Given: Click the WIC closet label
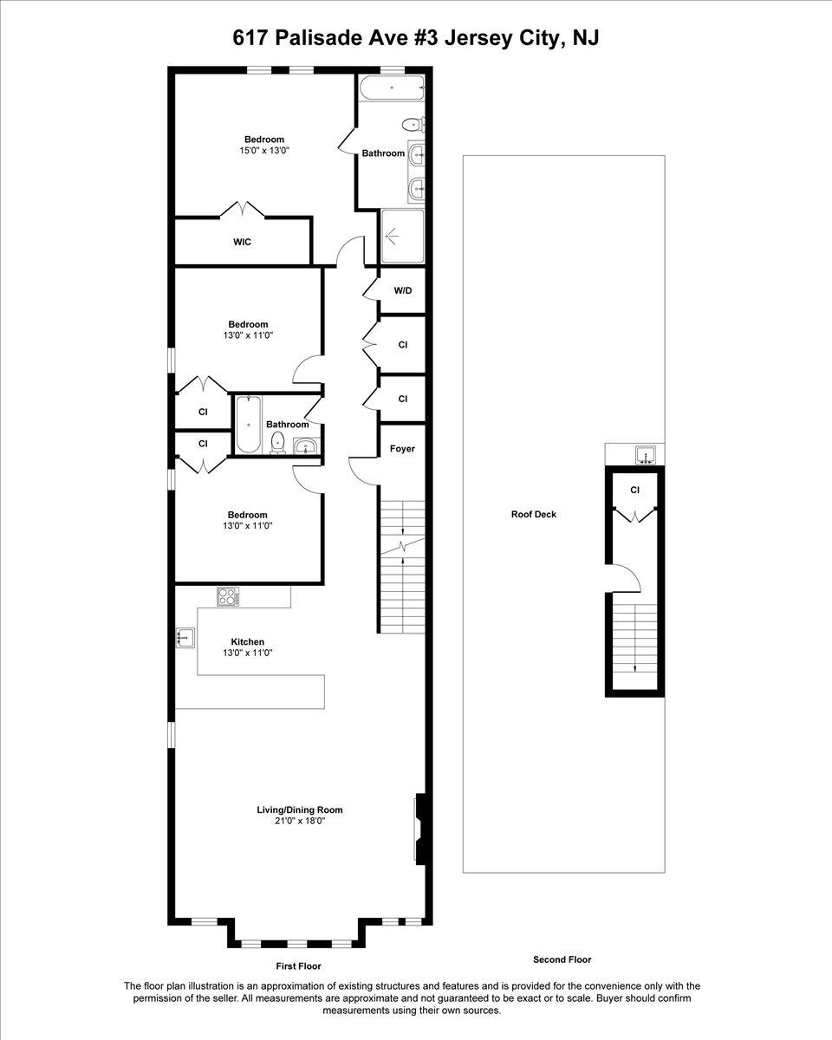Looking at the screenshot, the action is point(242,242).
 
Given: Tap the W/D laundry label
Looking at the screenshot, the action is point(403,290).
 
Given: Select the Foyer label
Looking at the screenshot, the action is point(402,448).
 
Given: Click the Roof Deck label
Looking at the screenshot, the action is point(534,514).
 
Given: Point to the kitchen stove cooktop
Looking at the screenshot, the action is point(228,596).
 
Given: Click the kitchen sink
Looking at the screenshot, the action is point(185,637).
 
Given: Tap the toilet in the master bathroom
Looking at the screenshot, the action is point(413,125).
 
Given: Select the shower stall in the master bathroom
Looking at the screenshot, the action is point(402,236).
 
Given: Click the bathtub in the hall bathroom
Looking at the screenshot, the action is point(248,425).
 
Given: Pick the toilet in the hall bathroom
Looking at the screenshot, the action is point(277,443).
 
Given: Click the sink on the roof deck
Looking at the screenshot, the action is point(645,455).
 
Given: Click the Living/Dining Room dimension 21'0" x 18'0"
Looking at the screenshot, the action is point(299,821).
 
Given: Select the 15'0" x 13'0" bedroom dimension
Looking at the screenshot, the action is point(264,150).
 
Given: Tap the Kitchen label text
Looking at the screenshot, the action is point(248,642).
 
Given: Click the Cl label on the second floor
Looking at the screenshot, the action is point(634,490).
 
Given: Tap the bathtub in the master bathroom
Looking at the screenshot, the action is point(392,88).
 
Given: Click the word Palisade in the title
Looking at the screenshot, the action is point(319,37).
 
